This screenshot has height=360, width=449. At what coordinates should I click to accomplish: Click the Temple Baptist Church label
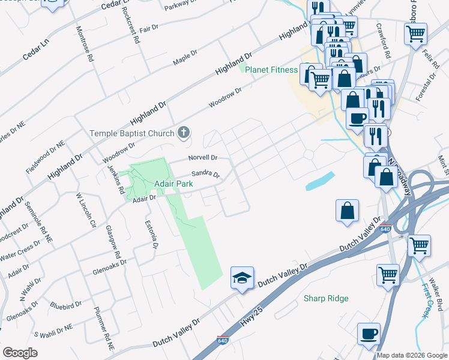point(132,133)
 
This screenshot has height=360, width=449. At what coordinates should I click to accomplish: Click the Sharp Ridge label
point(326,298)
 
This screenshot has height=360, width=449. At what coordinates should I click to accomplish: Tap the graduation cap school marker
point(242,278)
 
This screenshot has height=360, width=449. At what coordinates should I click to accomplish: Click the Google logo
point(20,352)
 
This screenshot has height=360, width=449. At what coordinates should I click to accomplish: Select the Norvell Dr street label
point(202,158)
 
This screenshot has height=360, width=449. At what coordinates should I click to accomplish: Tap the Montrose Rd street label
point(84,45)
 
